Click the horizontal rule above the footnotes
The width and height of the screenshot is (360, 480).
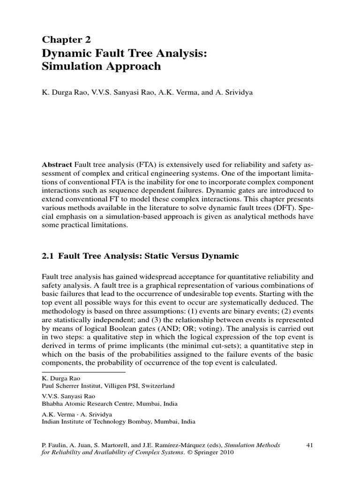point(84,372)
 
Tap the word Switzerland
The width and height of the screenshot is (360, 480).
point(157,386)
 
